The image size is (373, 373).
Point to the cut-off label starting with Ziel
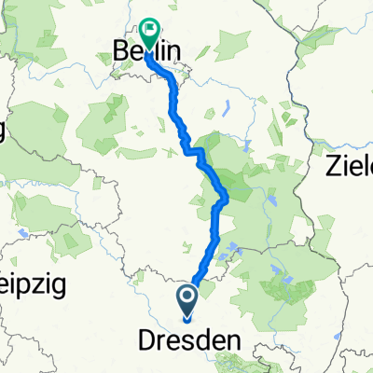[x=350, y=168]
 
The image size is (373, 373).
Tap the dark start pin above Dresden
[x=186, y=300]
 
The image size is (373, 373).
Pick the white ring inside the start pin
[x=186, y=297]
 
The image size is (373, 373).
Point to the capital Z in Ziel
[x=333, y=168]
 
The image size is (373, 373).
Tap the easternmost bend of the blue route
[x=228, y=195]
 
